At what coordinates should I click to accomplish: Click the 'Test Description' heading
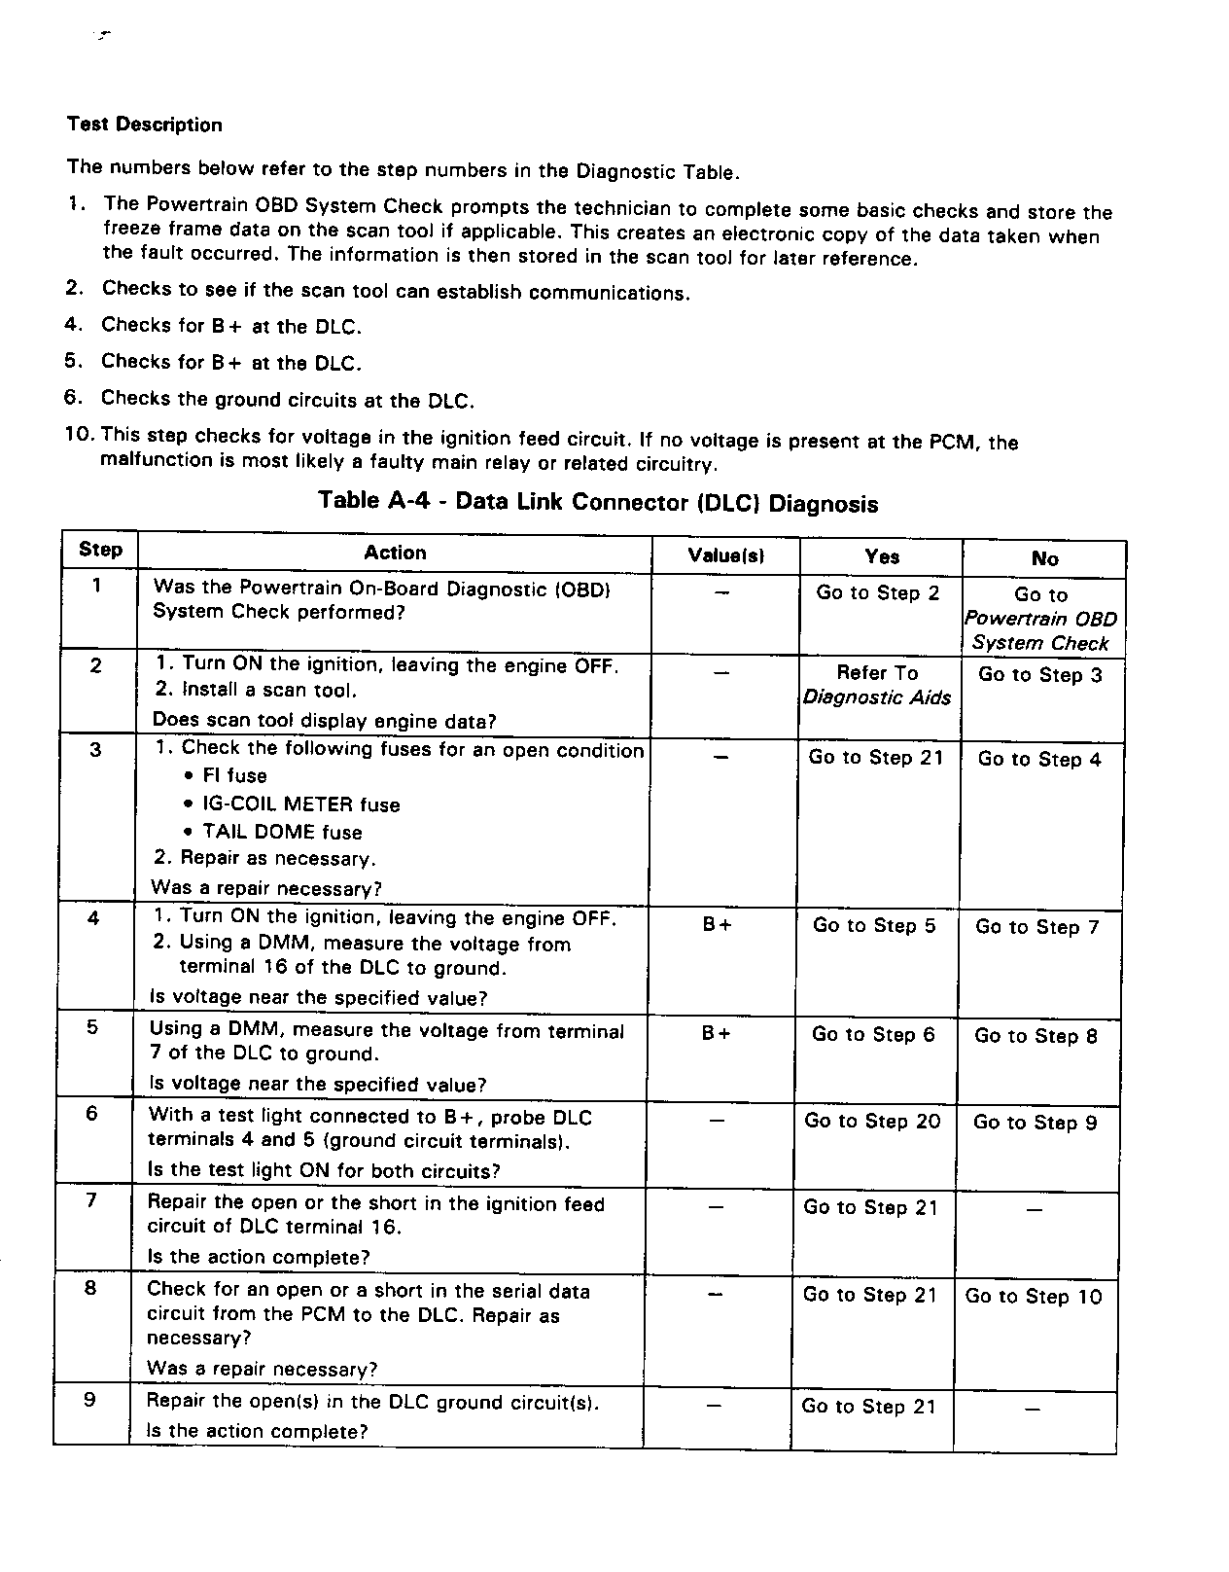[x=144, y=125]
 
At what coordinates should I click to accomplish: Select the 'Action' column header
[x=395, y=553]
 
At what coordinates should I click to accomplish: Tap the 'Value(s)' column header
[x=725, y=555]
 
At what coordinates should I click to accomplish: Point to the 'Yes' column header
[x=882, y=556]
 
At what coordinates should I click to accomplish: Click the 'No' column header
[x=1044, y=558]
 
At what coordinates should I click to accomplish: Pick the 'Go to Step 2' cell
[x=878, y=593]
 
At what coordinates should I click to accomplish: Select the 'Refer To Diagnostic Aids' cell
[x=877, y=685]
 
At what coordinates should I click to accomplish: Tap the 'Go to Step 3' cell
[x=1040, y=675]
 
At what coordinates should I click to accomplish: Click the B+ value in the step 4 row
[x=718, y=925]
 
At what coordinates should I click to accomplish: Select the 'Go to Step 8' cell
[x=1036, y=1037]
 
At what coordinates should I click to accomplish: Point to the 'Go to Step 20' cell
[x=872, y=1122]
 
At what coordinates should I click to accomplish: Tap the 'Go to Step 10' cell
[x=1034, y=1297]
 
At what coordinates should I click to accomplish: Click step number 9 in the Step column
[x=89, y=1401]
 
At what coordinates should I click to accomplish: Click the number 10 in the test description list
[x=79, y=434]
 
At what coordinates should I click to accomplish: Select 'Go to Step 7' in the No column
[x=1036, y=927]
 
